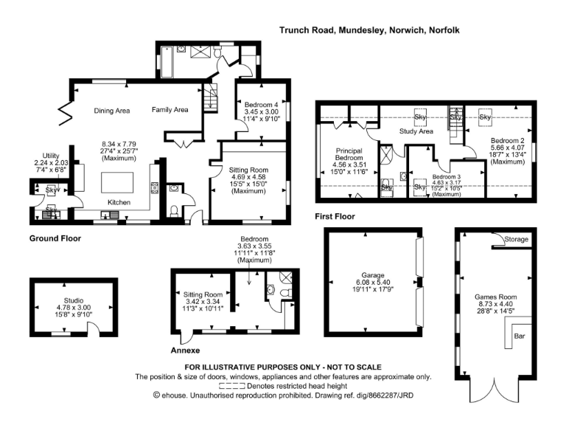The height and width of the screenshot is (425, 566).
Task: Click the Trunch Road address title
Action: [368, 31]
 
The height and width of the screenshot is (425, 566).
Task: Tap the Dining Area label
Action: [112, 111]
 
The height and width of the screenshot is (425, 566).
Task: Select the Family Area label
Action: [170, 110]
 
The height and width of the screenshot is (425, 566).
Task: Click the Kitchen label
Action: [120, 201]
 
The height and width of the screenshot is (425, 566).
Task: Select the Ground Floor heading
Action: [55, 239]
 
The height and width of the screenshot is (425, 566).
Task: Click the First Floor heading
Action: [334, 217]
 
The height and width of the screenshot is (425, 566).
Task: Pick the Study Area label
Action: [416, 131]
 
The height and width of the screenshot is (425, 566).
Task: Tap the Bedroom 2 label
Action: [508, 140]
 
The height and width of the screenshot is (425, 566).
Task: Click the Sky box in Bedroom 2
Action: [486, 117]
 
